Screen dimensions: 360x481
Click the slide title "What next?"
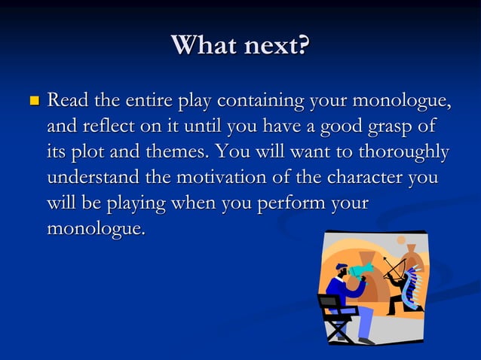tap(240, 45)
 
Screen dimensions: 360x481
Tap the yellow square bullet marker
tap(32, 100)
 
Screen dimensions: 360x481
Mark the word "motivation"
tap(230, 178)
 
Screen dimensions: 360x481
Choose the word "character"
tap(363, 178)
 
